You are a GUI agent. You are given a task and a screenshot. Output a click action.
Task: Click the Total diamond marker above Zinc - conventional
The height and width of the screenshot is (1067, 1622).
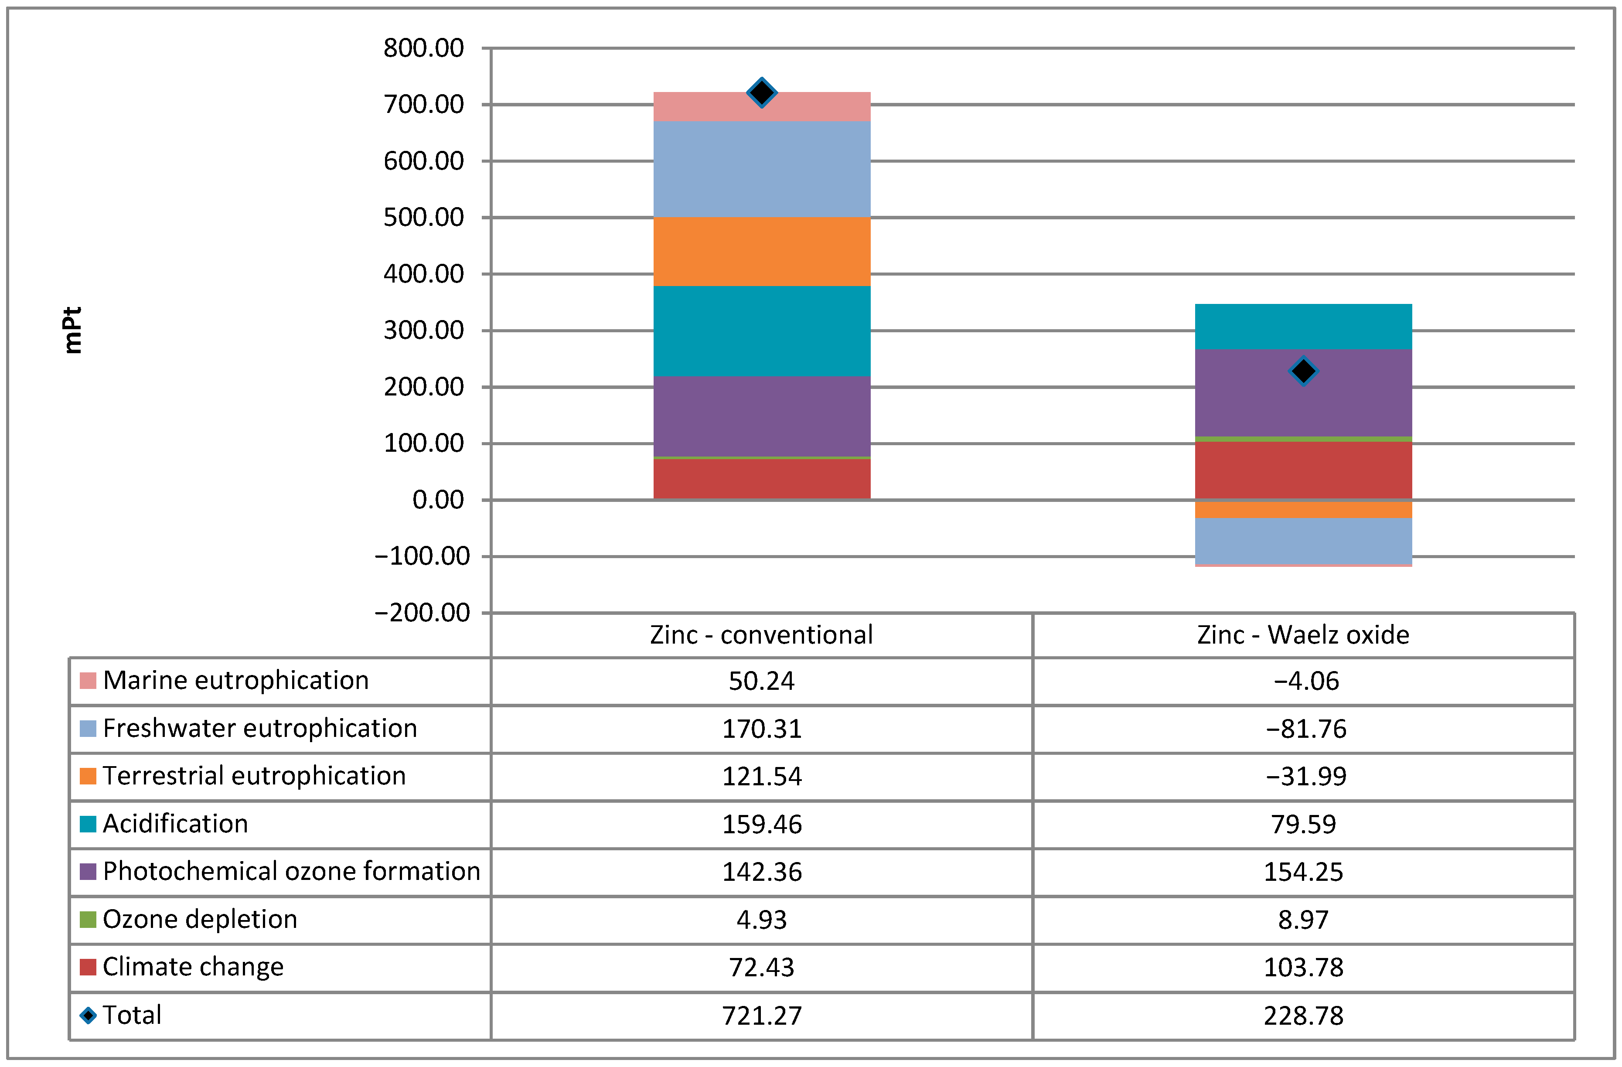(761, 93)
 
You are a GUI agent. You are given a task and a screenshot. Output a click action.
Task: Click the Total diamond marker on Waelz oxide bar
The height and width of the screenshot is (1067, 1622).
(1303, 372)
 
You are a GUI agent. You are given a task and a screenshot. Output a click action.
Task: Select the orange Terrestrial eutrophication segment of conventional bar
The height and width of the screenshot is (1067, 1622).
(761, 252)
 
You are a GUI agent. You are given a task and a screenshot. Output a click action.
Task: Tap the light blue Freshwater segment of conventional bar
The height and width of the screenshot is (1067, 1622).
(761, 169)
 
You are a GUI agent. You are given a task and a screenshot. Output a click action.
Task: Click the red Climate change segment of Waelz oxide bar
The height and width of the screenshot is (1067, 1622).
(1303, 470)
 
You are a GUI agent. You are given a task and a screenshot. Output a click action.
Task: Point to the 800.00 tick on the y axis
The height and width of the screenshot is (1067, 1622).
(423, 48)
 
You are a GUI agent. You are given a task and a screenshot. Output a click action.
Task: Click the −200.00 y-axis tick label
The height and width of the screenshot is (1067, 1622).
(422, 613)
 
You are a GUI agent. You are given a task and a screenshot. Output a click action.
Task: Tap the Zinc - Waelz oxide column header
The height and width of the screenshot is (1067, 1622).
(1303, 635)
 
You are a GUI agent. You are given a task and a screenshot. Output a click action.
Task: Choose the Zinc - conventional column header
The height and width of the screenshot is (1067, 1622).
(761, 635)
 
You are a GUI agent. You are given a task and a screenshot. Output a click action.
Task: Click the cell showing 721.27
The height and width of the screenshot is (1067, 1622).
(761, 1016)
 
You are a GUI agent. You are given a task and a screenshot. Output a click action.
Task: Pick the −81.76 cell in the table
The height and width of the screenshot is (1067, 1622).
(1306, 729)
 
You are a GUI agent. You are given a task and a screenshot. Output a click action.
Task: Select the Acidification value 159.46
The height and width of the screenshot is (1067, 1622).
(761, 825)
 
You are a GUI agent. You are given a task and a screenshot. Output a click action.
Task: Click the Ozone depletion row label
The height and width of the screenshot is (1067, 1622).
(200, 919)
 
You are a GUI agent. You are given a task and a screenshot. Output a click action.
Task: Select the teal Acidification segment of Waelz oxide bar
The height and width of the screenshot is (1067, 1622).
(1303, 326)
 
